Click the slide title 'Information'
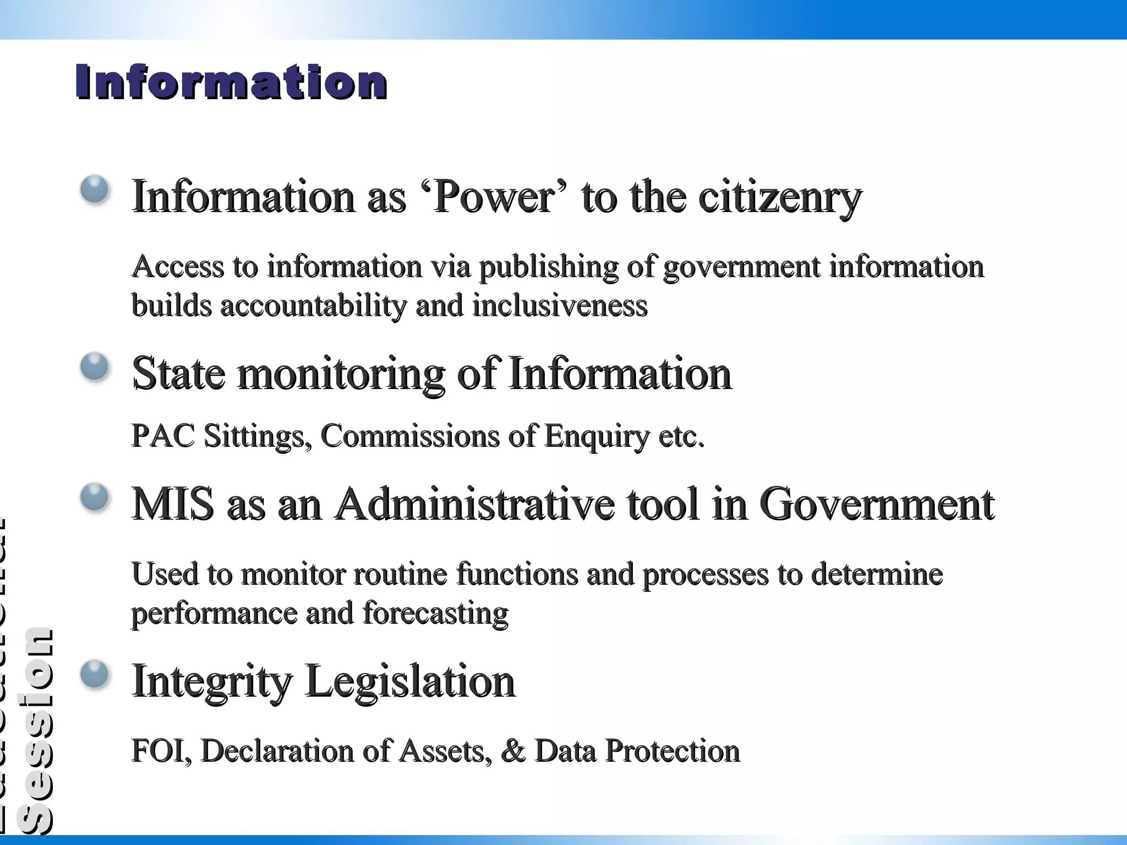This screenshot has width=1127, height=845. [x=231, y=83]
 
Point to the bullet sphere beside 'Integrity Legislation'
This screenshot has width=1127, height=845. [x=95, y=674]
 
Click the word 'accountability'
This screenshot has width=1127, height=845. [x=313, y=306]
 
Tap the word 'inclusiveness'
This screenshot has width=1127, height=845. [x=560, y=306]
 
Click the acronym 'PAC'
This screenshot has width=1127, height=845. [x=163, y=436]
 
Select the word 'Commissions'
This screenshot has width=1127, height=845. [x=409, y=436]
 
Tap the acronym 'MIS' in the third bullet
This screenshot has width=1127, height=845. [x=173, y=504]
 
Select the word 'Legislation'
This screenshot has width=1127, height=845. [x=410, y=682]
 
